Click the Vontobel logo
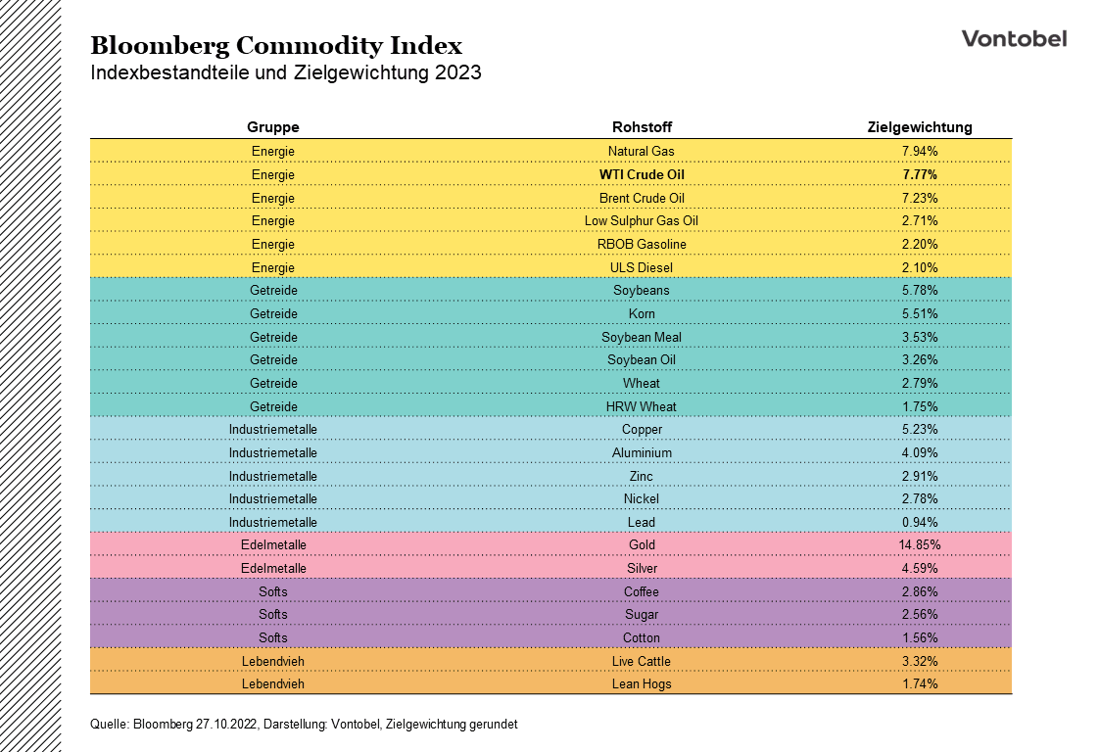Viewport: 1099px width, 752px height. click(x=1014, y=38)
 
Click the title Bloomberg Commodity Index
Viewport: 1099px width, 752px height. click(x=276, y=45)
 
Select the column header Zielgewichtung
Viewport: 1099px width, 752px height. click(x=920, y=127)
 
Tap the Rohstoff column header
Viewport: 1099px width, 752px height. click(x=642, y=127)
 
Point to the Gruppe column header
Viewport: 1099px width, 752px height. click(x=272, y=127)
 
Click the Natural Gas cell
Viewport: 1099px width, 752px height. click(x=642, y=152)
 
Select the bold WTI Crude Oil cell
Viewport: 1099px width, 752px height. click(x=642, y=174)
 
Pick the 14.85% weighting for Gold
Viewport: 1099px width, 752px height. click(x=920, y=545)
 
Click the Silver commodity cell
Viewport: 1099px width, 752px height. click(x=642, y=568)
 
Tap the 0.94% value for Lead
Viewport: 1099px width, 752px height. click(x=920, y=522)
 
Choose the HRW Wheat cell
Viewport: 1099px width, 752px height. click(x=642, y=406)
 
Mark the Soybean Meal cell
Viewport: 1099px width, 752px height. click(x=642, y=337)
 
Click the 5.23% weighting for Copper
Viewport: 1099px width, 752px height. click(x=920, y=430)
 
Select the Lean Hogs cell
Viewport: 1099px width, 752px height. click(x=642, y=683)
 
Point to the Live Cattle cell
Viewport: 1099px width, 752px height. click(x=642, y=661)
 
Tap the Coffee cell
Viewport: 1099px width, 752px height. click(x=642, y=591)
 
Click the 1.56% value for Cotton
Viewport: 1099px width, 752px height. click(x=920, y=637)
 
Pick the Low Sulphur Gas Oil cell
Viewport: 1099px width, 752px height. click(x=642, y=221)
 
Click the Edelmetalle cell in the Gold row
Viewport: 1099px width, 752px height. click(x=272, y=545)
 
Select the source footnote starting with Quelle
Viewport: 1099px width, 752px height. click(x=303, y=725)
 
